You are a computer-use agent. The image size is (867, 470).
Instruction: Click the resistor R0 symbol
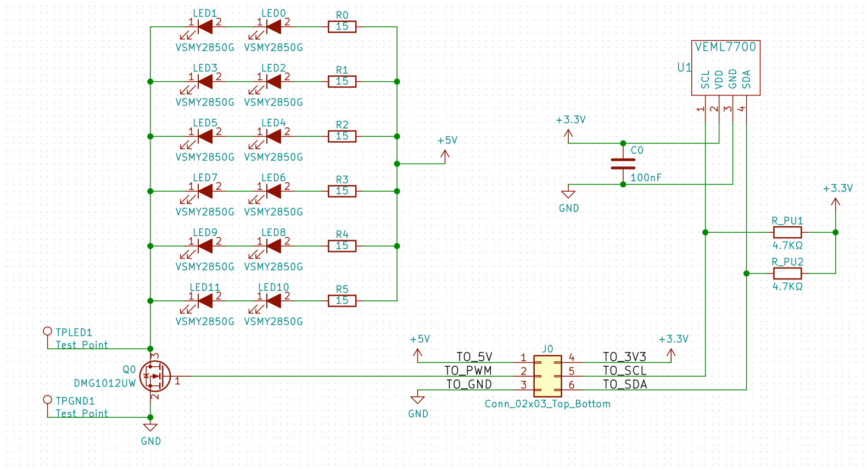pyautogui.click(x=342, y=27)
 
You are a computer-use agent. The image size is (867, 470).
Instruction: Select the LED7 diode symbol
pyautogui.click(x=205, y=191)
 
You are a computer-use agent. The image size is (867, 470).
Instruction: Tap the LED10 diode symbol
pyautogui.click(x=273, y=301)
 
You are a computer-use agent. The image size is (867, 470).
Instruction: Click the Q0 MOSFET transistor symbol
pyautogui.click(x=155, y=376)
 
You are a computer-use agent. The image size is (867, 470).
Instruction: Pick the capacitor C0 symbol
pyautogui.click(x=623, y=164)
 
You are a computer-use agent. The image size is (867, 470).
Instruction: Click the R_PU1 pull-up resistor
pyautogui.click(x=787, y=232)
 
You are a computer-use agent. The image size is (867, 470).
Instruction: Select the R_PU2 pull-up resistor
pyautogui.click(x=787, y=273)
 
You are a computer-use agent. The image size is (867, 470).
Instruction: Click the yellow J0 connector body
pyautogui.click(x=547, y=376)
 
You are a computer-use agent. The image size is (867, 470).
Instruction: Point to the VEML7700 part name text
pyautogui.click(x=725, y=47)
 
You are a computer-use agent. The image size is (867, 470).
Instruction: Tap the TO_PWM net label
pyautogui.click(x=468, y=371)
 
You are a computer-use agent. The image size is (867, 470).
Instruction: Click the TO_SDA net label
pyautogui.click(x=625, y=384)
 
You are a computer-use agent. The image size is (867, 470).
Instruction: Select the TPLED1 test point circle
pyautogui.click(x=48, y=331)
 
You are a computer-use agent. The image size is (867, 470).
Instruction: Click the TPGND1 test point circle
pyautogui.click(x=48, y=400)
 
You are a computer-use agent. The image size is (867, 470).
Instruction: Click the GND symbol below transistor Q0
pyautogui.click(x=150, y=427)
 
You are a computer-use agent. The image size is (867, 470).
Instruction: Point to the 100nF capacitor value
pyautogui.click(x=646, y=178)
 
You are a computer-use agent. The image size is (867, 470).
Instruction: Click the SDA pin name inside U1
pyautogui.click(x=746, y=80)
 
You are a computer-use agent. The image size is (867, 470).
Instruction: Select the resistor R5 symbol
pyautogui.click(x=342, y=301)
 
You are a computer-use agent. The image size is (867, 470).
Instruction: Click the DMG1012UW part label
pyautogui.click(x=104, y=384)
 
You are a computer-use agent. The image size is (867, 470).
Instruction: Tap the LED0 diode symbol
pyautogui.click(x=273, y=27)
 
